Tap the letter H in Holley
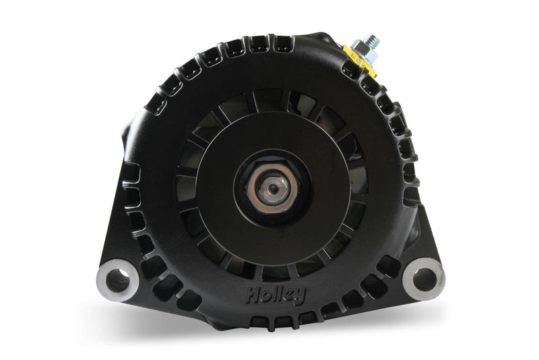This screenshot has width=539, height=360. click(x=250, y=293)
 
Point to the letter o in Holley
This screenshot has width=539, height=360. click(x=260, y=295)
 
